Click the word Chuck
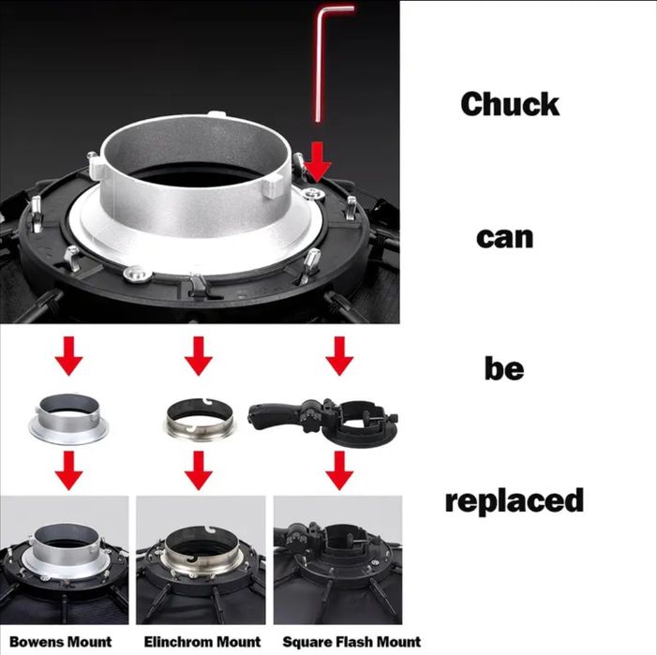(510, 104)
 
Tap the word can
(505, 238)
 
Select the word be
(504, 368)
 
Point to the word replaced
(515, 500)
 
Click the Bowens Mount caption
(60, 642)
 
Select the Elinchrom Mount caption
(202, 642)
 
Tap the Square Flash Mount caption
(351, 642)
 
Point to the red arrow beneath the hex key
(318, 162)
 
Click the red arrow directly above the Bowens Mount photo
(68, 469)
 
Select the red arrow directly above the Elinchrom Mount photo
(198, 469)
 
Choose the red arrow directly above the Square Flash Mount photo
(339, 469)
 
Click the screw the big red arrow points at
(313, 193)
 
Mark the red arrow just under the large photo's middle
(198, 356)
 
